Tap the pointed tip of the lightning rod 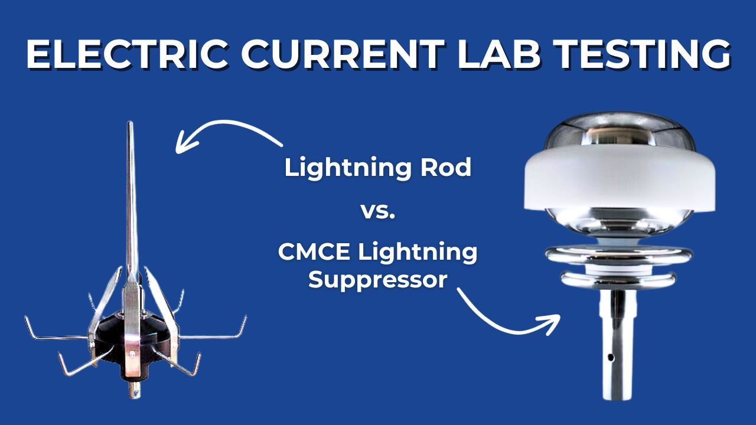130,123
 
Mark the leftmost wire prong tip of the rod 26,319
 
